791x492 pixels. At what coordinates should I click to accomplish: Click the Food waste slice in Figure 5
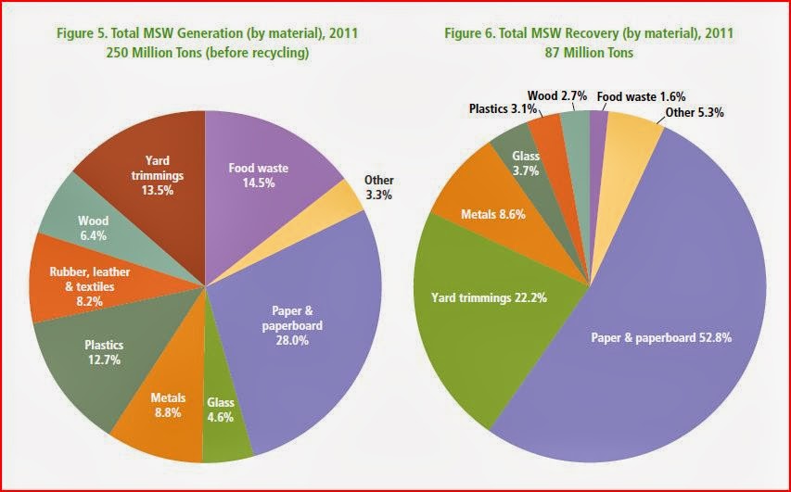click(264, 171)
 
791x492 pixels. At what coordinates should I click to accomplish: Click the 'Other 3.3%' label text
click(378, 188)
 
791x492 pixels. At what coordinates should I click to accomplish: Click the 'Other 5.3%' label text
click(694, 113)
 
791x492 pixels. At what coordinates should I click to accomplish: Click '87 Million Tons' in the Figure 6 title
click(589, 53)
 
